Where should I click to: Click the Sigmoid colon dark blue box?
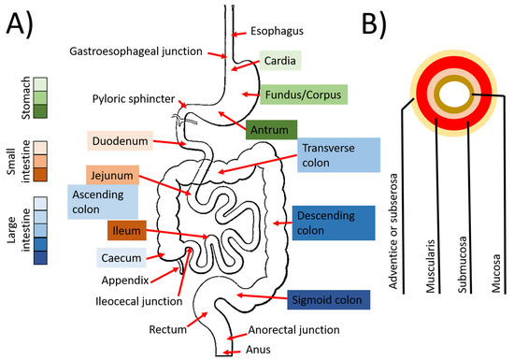click(330, 299)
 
